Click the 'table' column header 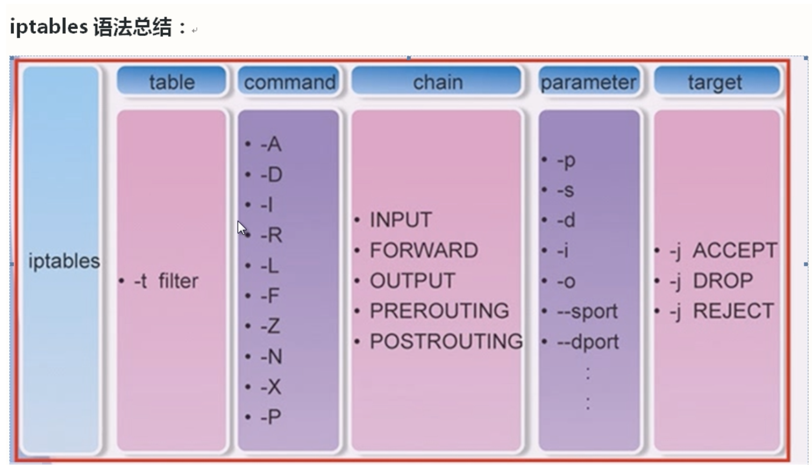tap(172, 81)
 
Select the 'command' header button tap(289, 81)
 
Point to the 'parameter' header tap(589, 81)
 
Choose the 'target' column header tap(717, 81)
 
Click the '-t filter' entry tap(166, 281)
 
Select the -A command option tap(271, 144)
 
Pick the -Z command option tap(270, 326)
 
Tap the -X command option tap(271, 387)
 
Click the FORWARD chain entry tap(424, 250)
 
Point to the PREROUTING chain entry tap(439, 311)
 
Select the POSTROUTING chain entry tap(446, 341)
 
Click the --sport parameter tap(587, 312)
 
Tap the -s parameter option tap(566, 190)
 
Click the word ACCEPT tap(735, 250)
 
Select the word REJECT tap(733, 311)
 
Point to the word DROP tap(723, 281)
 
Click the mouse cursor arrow tap(242, 228)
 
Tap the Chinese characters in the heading tap(132, 27)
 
